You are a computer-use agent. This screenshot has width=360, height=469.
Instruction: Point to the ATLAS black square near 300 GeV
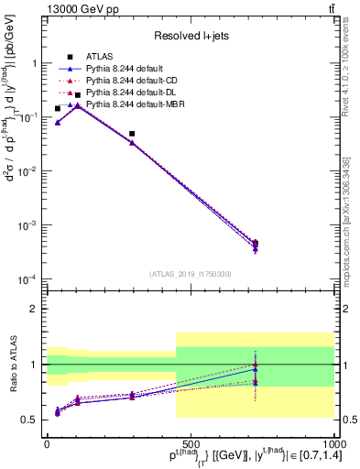click(x=133, y=134)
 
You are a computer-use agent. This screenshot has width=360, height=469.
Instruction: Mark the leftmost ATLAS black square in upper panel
click(x=58, y=109)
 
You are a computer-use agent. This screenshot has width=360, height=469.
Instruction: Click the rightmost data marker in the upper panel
click(x=256, y=244)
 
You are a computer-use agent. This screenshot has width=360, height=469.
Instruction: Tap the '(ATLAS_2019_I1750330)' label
click(x=190, y=274)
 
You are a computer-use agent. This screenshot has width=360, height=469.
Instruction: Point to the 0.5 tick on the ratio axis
click(x=32, y=420)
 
